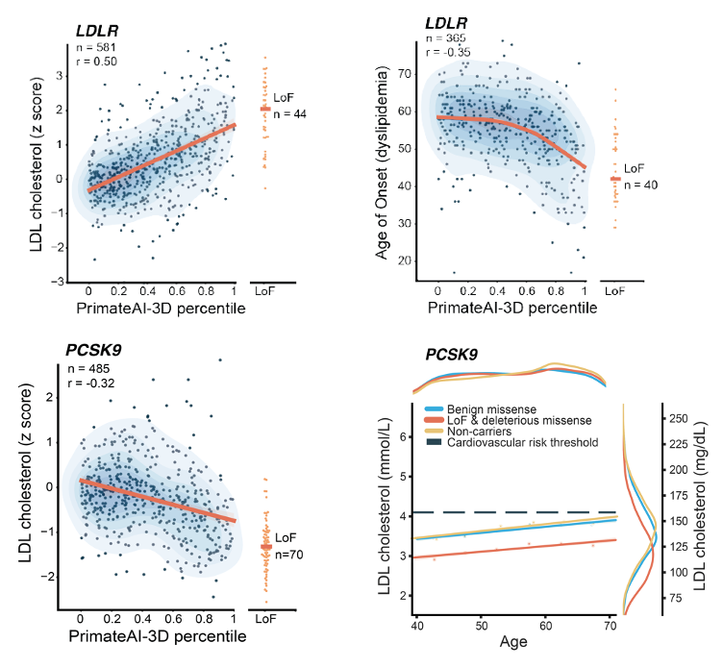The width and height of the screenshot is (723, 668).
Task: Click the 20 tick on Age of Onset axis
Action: coord(408,260)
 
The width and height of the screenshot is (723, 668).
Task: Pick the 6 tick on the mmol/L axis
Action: coord(404,436)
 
